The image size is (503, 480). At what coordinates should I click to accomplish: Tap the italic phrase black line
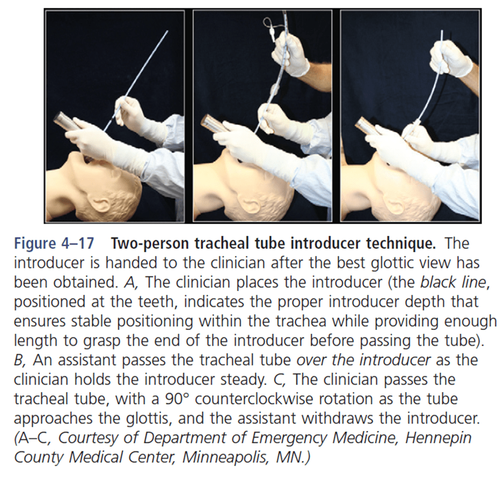[x=452, y=283]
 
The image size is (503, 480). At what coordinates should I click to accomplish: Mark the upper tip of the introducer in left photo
[x=168, y=31]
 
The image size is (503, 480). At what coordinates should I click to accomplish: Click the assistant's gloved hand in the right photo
[x=450, y=58]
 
